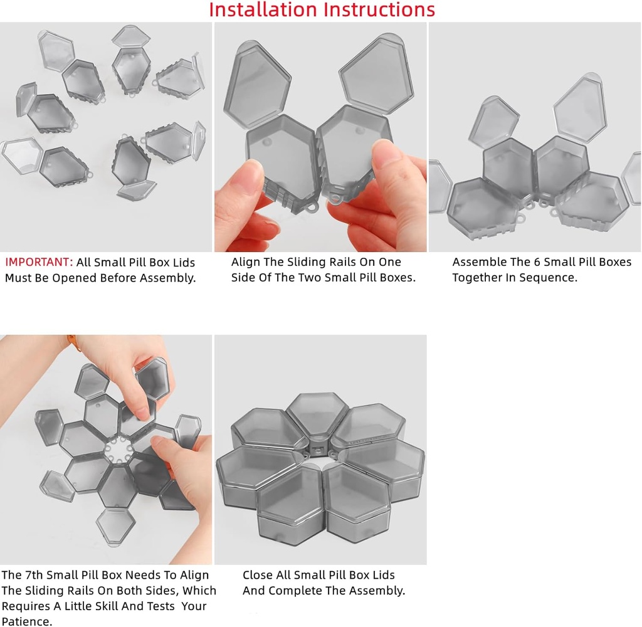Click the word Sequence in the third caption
(x=549, y=278)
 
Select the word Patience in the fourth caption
(x=26, y=621)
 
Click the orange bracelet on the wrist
(x=73, y=340)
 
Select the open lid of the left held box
(x=256, y=83)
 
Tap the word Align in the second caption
(x=246, y=262)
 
